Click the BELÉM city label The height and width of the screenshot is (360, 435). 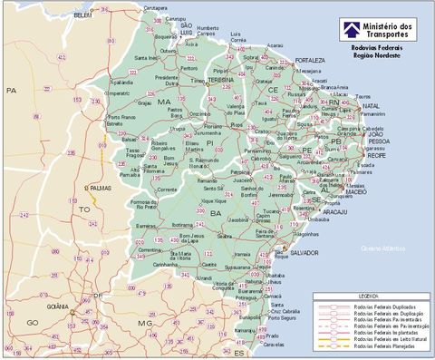[83, 15]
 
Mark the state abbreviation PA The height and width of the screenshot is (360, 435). [12, 91]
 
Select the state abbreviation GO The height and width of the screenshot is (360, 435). [33, 323]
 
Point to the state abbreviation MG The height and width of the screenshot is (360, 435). [144, 323]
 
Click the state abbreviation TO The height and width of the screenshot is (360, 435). [84, 209]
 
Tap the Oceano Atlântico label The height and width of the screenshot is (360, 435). [382, 248]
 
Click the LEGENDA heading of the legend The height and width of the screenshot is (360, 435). [369, 296]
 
